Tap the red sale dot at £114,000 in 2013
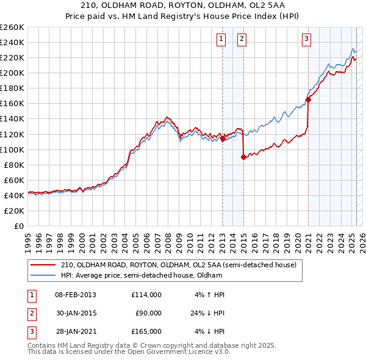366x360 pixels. point(223,139)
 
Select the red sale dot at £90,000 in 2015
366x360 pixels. point(244,157)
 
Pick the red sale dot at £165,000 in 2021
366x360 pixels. point(309,99)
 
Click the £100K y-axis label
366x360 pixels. point(12,149)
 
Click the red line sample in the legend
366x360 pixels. point(43,265)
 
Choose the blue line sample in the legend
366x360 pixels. point(43,275)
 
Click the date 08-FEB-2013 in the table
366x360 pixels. point(76,295)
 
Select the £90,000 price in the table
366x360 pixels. point(148,313)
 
